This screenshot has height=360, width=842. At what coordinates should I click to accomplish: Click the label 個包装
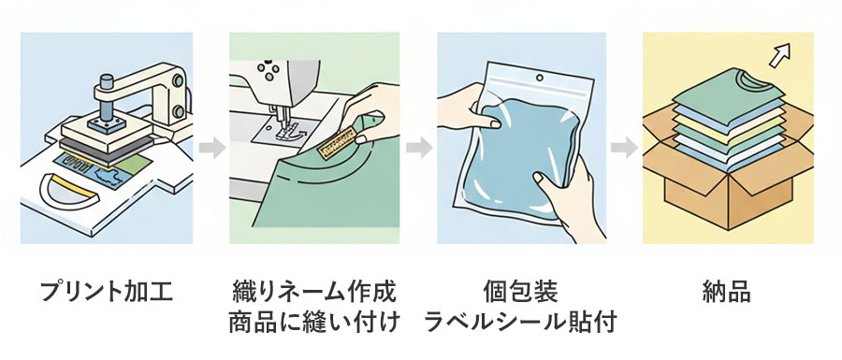(x=520, y=291)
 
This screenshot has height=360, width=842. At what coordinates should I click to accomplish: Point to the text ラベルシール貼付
(x=520, y=324)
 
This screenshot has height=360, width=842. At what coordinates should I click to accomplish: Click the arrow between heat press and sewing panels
(x=210, y=147)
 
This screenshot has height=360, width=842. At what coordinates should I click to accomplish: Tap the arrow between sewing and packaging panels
(x=418, y=147)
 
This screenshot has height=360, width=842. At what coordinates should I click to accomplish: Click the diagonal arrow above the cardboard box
(x=776, y=59)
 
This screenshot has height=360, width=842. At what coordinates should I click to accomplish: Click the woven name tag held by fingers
(x=334, y=141)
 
